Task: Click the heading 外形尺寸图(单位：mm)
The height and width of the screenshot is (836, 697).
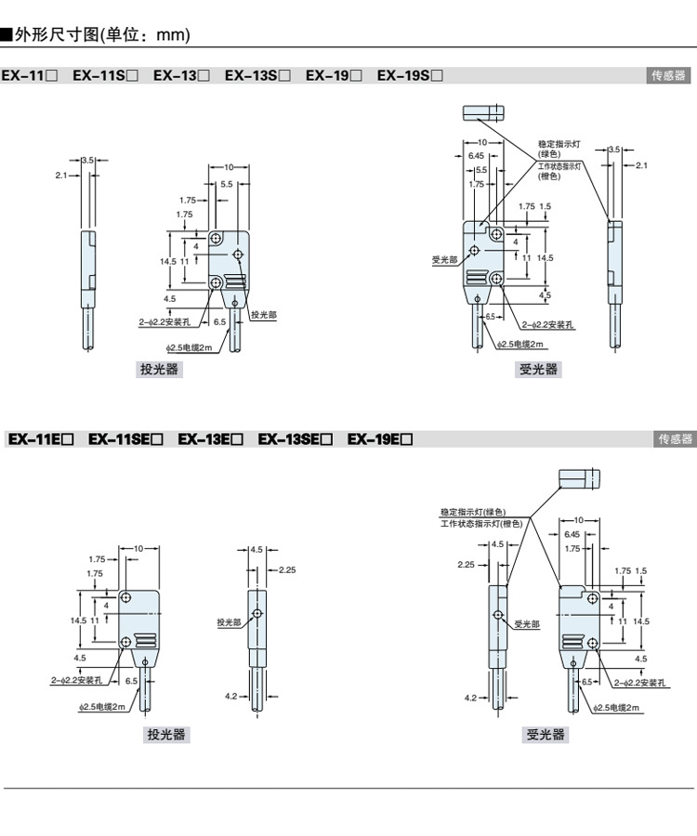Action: click(102, 35)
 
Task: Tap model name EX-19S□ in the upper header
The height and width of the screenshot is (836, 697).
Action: click(410, 75)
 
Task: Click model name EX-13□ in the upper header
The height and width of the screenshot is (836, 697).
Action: click(181, 75)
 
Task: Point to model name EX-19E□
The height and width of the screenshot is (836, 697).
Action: click(379, 439)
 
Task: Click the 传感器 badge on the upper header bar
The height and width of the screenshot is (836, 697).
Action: click(668, 75)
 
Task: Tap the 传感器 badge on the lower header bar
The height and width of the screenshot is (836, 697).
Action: click(675, 439)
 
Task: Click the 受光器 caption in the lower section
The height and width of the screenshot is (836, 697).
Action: click(546, 735)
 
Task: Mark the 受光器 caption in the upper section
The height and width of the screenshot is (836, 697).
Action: click(538, 370)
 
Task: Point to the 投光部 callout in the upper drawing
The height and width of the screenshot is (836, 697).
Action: click(264, 316)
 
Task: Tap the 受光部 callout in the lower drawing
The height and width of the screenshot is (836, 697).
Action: click(527, 624)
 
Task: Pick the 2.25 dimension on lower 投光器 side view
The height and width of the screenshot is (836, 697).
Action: click(286, 570)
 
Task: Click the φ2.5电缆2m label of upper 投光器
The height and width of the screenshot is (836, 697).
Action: click(191, 347)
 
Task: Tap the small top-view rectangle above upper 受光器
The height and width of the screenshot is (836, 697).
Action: click(484, 112)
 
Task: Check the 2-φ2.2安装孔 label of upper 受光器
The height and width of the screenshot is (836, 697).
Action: click(548, 325)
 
